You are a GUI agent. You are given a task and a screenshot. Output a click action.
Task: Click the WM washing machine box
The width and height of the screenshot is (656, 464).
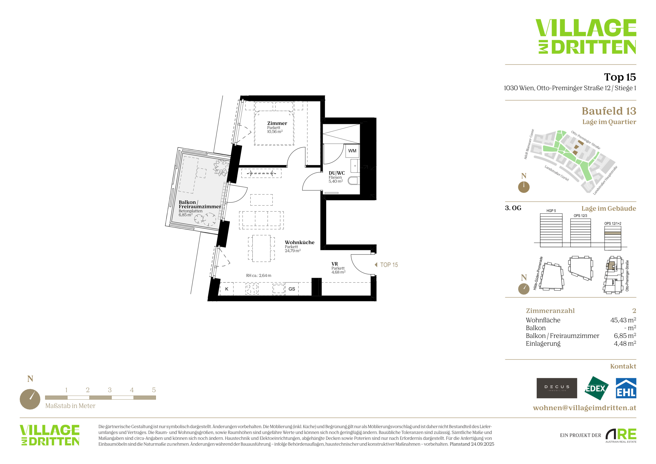click(x=352, y=151)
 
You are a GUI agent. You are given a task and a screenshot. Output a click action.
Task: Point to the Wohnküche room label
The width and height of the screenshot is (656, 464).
click(x=300, y=242)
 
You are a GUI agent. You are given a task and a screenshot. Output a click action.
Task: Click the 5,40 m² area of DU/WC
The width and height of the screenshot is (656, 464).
click(x=335, y=181)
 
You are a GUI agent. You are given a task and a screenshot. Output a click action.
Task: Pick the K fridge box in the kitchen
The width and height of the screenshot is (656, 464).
click(x=227, y=289)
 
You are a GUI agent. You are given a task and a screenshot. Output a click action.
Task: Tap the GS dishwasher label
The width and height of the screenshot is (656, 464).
click(x=292, y=289)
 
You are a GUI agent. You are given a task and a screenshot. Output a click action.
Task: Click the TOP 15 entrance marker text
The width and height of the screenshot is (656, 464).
click(x=389, y=265)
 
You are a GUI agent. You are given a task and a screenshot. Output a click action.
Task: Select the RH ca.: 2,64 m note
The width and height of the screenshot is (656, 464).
click(x=259, y=275)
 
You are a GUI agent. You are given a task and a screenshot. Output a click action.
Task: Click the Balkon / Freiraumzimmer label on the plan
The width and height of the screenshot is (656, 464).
click(x=200, y=204)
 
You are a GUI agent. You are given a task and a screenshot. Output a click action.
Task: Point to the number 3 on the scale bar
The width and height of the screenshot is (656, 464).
click(x=110, y=390)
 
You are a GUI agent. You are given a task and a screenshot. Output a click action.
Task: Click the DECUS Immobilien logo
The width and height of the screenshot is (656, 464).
click(x=557, y=388)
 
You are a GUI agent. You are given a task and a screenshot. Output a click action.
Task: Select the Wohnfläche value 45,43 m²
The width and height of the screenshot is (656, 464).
click(x=623, y=320)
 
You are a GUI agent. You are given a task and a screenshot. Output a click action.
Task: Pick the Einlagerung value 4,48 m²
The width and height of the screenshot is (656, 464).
click(x=625, y=343)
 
